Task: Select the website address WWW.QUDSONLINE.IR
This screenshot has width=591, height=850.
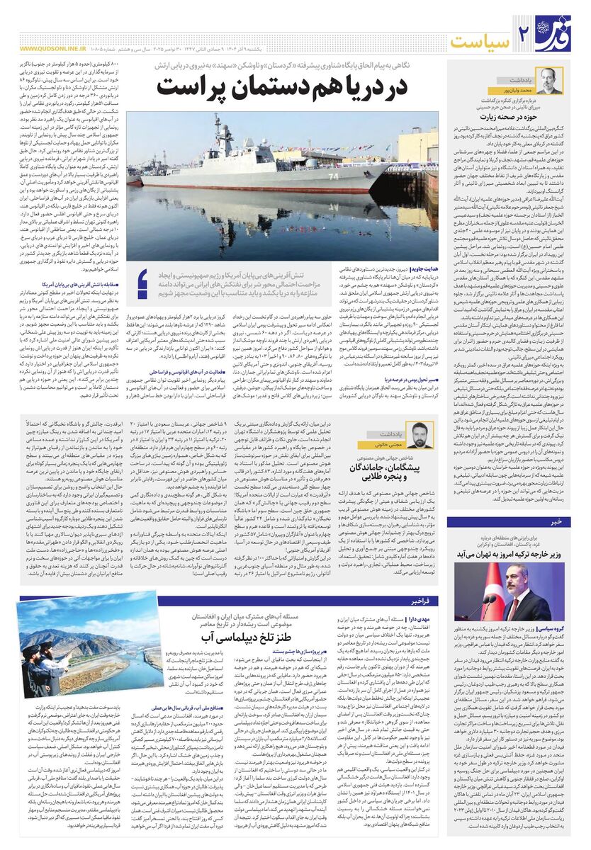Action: click(x=48, y=49)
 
